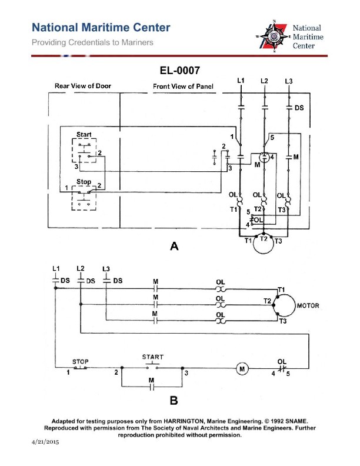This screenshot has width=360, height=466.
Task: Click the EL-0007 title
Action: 180,71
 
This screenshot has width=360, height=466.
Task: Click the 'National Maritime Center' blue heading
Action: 101,28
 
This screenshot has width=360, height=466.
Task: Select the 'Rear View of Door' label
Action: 83,86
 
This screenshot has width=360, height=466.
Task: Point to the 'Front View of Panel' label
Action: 184,86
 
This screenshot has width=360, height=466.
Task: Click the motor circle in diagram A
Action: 264,247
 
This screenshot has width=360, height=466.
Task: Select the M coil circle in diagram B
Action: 241,369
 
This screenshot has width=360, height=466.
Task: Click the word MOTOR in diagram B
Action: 308,306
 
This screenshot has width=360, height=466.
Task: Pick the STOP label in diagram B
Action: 80,361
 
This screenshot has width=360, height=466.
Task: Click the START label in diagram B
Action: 153,357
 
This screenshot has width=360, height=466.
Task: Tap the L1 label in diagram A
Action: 241,80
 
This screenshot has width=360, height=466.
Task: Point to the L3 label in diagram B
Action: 106,269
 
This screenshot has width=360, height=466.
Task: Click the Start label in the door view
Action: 84,135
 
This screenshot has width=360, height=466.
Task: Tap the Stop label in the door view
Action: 83,182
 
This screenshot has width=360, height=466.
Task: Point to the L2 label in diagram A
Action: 264,80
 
